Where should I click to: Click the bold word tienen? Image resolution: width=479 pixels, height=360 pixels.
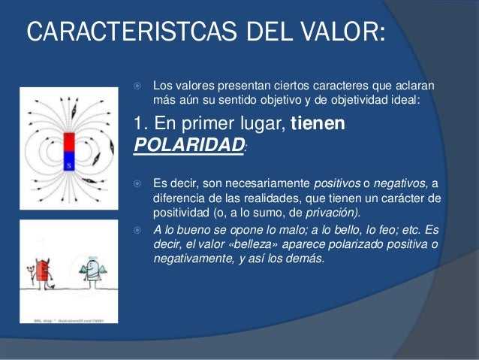(x=318, y=124)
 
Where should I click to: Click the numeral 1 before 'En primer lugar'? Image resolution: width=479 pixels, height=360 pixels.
(x=137, y=124)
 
